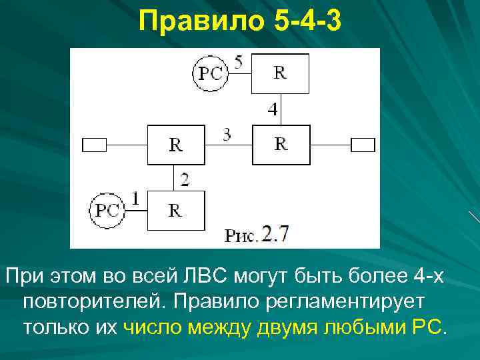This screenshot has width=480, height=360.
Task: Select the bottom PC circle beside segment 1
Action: click(x=107, y=211)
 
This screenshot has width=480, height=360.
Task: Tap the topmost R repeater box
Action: click(x=280, y=73)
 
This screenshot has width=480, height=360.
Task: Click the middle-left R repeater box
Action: click(x=176, y=143)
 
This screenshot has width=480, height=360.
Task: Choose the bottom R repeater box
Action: click(x=176, y=210)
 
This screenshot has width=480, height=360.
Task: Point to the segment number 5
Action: click(x=238, y=62)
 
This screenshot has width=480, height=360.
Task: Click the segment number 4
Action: click(x=273, y=109)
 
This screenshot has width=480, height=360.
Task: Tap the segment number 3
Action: click(x=227, y=135)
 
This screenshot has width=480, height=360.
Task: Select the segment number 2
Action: click(x=184, y=179)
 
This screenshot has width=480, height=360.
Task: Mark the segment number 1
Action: click(x=135, y=198)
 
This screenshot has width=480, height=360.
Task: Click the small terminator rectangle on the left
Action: click(x=94, y=143)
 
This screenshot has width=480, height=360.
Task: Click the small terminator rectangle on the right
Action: click(x=363, y=143)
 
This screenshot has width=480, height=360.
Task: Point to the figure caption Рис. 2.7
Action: click(x=257, y=235)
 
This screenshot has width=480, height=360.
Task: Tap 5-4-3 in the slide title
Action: click(x=307, y=23)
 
